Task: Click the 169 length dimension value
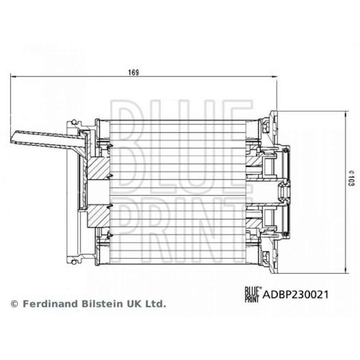tap(134, 72)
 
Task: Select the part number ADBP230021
tap(296, 294)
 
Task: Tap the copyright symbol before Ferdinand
tap(14, 304)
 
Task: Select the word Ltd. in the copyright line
tap(155, 304)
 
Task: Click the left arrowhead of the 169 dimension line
tap(13, 77)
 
